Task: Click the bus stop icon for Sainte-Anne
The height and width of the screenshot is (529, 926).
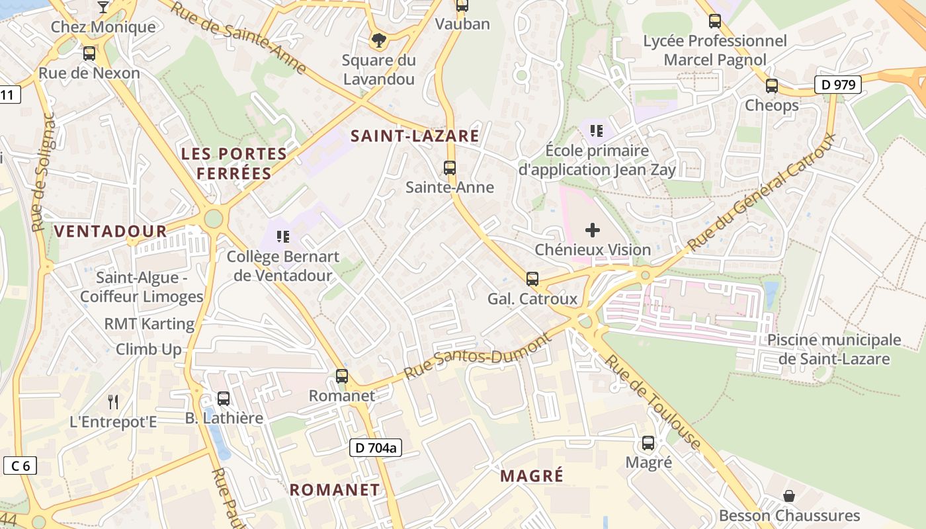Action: click(450, 168)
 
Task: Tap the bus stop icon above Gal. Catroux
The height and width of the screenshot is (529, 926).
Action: click(532, 279)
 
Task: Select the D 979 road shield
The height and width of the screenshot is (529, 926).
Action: click(837, 85)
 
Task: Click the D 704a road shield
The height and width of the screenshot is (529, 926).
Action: click(375, 448)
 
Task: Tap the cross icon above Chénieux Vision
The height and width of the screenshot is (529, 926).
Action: click(593, 230)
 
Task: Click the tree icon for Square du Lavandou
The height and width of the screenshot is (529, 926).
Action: click(378, 41)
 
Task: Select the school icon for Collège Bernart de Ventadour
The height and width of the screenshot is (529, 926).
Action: click(283, 236)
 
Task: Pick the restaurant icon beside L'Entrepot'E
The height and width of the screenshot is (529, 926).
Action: click(113, 401)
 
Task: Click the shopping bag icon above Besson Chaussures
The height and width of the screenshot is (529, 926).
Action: click(788, 496)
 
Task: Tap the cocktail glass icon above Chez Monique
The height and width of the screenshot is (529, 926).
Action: click(103, 7)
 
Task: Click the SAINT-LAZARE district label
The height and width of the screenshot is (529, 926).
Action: click(415, 136)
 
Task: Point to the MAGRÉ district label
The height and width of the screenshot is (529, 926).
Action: click(532, 475)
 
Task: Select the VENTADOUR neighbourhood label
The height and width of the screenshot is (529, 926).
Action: click(110, 231)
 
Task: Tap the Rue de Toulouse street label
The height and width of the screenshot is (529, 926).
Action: click(653, 402)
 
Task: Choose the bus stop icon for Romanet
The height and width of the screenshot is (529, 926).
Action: click(342, 376)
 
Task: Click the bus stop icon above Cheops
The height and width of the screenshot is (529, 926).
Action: click(771, 85)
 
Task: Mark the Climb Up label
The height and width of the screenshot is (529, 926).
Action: click(149, 349)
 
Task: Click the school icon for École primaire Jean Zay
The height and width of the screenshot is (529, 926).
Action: click(597, 131)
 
